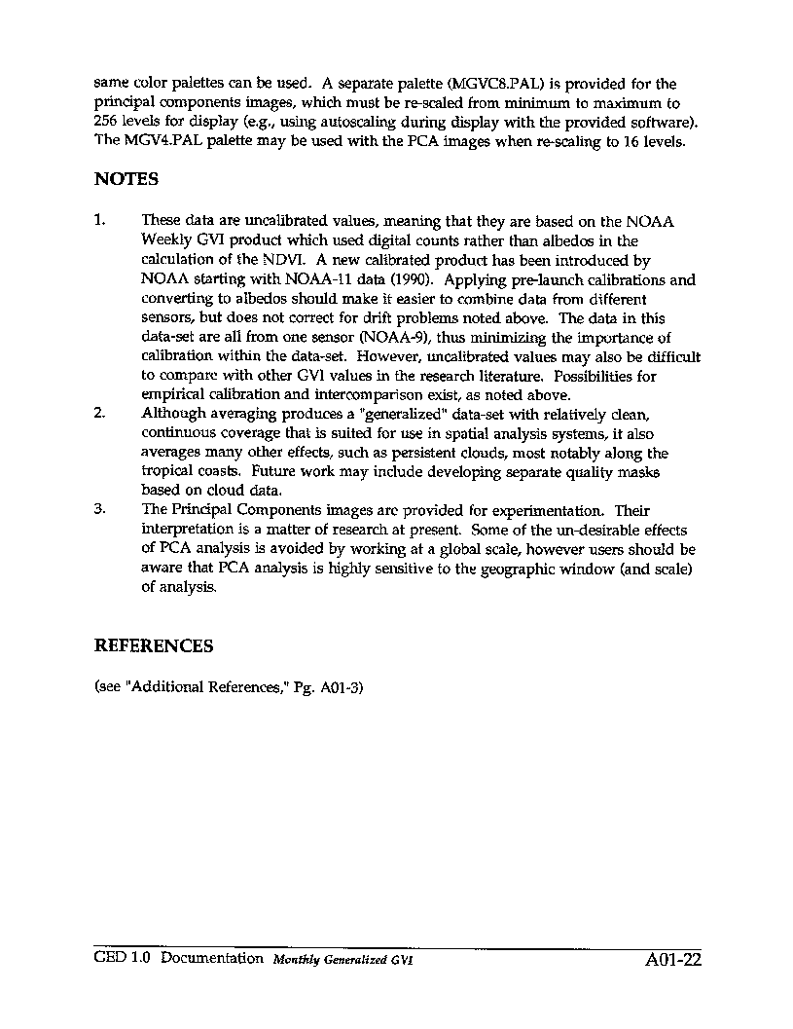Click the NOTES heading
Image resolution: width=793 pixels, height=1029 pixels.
[126, 180]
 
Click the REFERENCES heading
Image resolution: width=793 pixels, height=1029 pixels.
[154, 646]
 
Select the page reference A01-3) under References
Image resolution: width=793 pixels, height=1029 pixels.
[341, 686]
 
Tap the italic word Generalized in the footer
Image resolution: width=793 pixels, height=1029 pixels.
[355, 960]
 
